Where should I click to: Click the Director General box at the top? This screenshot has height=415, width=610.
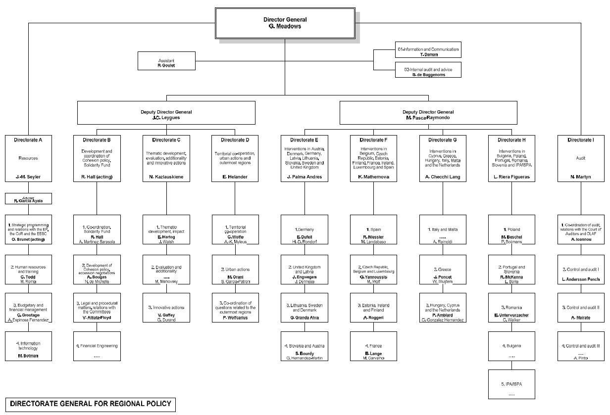(x=285, y=23)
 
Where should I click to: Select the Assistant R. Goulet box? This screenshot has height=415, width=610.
(x=166, y=62)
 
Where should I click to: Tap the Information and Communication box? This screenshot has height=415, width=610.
(x=428, y=50)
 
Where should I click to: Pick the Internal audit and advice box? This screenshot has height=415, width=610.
(x=428, y=70)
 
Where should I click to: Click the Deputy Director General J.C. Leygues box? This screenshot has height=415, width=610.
(x=166, y=112)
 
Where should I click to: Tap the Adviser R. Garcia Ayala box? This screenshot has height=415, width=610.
(x=29, y=199)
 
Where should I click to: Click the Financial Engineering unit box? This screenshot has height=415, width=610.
(x=97, y=346)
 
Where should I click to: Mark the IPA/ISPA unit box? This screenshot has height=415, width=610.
(x=512, y=384)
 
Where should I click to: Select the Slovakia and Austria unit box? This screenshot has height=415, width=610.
(x=305, y=346)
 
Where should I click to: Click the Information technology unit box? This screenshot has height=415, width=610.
(x=29, y=346)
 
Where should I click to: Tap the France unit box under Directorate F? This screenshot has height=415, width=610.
(x=373, y=346)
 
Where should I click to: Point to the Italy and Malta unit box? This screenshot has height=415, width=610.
(x=443, y=232)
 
